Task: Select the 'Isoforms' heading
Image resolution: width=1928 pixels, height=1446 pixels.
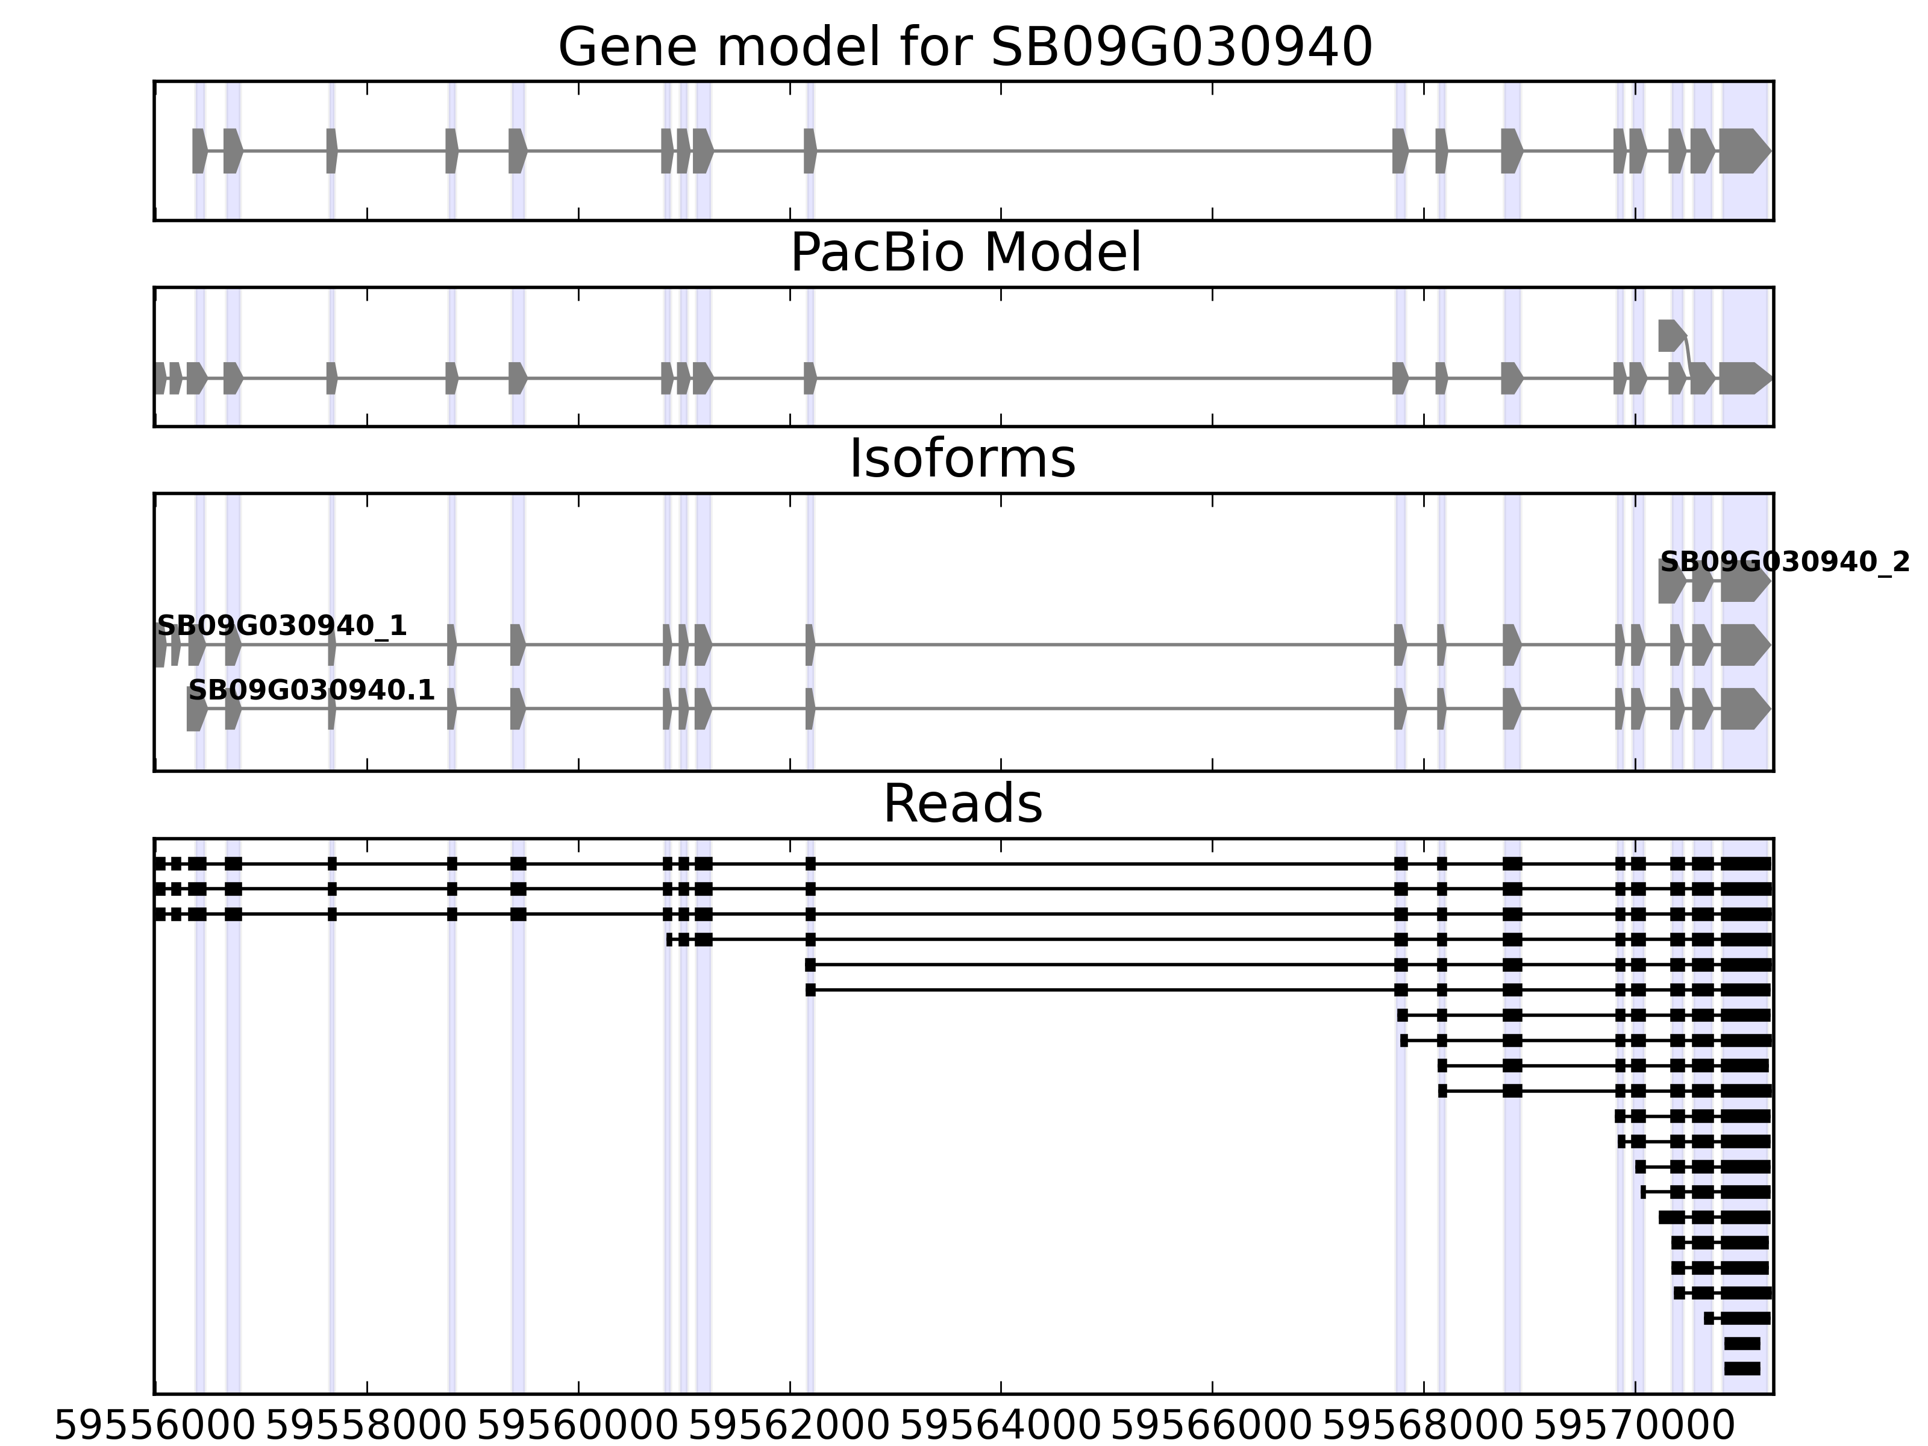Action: click(x=962, y=459)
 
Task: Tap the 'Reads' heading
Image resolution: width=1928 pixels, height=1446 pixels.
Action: click(x=962, y=804)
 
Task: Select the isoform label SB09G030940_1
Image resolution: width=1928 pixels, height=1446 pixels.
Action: click(x=281, y=626)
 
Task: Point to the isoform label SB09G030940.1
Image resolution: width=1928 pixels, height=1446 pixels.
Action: click(x=311, y=690)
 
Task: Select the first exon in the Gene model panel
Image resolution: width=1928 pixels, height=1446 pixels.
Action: click(x=199, y=151)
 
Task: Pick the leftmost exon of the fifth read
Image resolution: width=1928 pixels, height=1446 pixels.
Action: click(x=810, y=965)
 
